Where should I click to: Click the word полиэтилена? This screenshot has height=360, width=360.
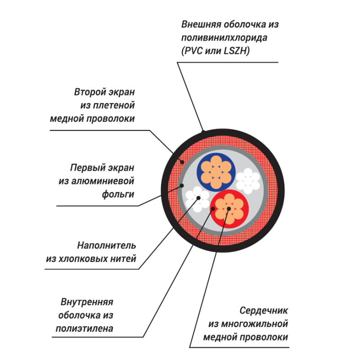click(x=84, y=328)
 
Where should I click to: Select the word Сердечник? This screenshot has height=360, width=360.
click(x=264, y=310)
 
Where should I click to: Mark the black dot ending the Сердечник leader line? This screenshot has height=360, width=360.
click(x=229, y=208)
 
